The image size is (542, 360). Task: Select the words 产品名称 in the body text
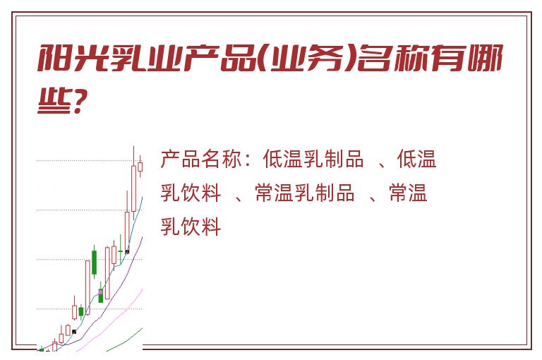click(201, 159)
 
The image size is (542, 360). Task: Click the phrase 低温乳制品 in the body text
click(313, 159)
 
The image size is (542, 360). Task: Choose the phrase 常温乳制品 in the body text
click(304, 193)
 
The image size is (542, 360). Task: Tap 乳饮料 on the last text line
click(191, 227)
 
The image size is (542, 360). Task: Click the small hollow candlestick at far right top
click(140, 167)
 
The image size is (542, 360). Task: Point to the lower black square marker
click(74, 332)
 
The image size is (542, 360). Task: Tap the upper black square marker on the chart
click(127, 251)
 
